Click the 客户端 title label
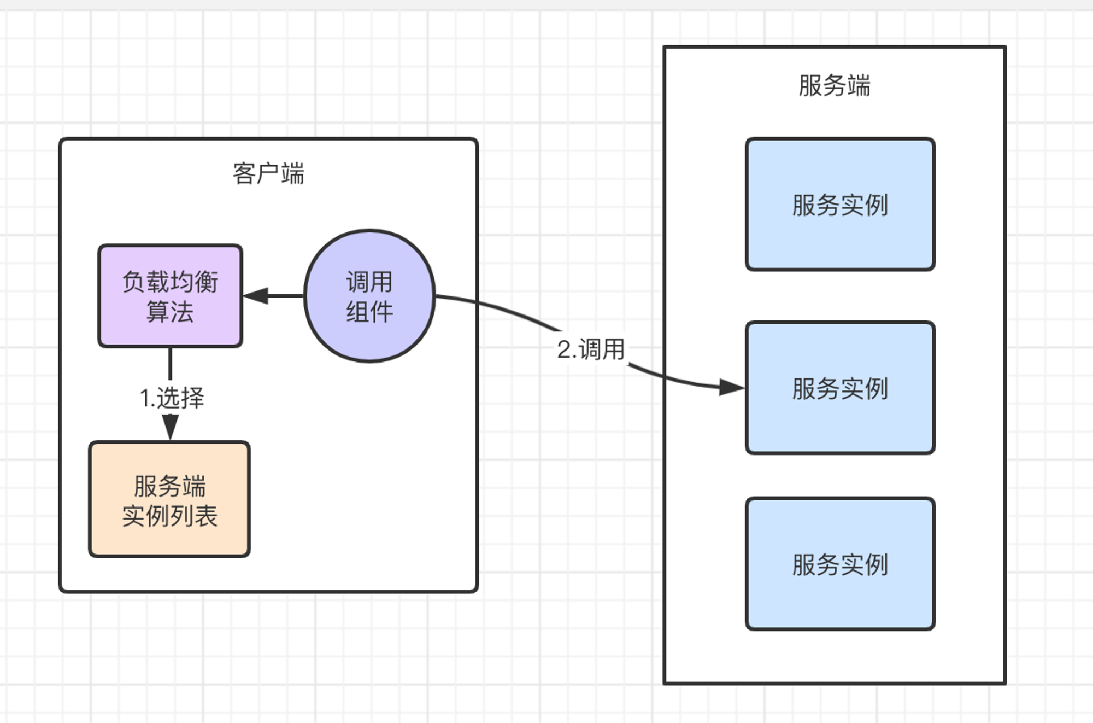268,173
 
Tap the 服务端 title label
835,86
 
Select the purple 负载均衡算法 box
171,296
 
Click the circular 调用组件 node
369,296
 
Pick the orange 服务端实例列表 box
169,499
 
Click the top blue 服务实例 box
841,205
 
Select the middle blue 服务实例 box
841,388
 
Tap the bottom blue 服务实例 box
841,564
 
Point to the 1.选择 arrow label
172,398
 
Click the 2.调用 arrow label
591,349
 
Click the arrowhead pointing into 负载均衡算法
255,296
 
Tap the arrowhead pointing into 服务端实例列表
170,427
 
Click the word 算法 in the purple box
170,312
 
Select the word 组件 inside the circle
369,312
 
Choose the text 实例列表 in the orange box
169,516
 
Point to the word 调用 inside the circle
369,282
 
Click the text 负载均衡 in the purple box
170,282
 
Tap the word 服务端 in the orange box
169,486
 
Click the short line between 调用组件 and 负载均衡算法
273,296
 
